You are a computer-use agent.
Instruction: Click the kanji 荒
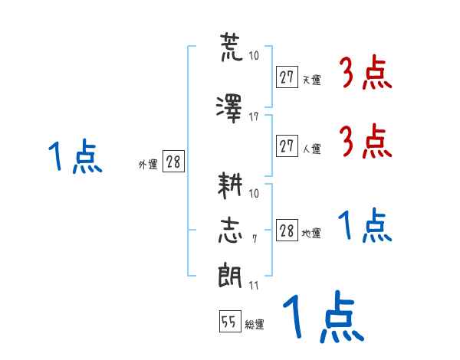point(232,47)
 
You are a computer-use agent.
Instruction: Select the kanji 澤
point(229,109)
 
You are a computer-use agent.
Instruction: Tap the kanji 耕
point(230,185)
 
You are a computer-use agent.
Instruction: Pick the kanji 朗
point(230,276)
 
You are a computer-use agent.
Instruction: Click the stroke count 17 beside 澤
point(254,117)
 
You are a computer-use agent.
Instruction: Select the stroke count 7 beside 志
point(255,239)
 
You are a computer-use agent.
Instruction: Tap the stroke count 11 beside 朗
point(254,285)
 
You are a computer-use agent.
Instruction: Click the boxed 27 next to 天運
point(287,77)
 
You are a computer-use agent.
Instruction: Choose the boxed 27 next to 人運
point(287,146)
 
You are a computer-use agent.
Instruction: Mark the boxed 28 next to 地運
point(287,230)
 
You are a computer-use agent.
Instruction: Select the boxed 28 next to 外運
point(173,161)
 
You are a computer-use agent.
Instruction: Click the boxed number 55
point(230,321)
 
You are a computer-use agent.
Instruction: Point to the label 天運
point(312,80)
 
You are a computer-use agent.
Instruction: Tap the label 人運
point(312,149)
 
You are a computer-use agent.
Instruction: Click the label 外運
point(148,165)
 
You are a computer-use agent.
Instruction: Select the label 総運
point(255,325)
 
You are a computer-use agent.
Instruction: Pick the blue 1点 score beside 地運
point(365,225)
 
